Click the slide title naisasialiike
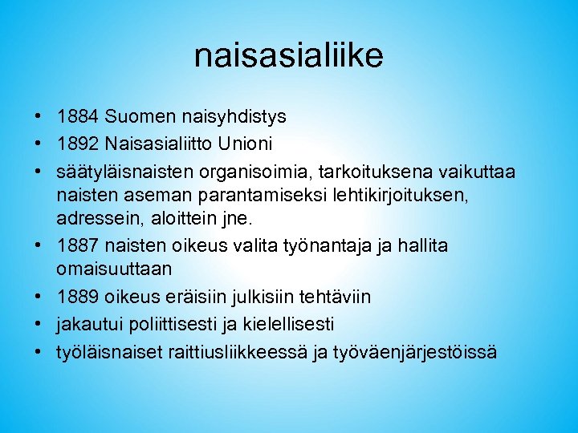[288, 56]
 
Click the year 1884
[77, 117]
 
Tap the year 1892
[77, 146]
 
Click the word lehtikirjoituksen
[392, 195]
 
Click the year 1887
[77, 245]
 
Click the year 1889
[77, 297]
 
